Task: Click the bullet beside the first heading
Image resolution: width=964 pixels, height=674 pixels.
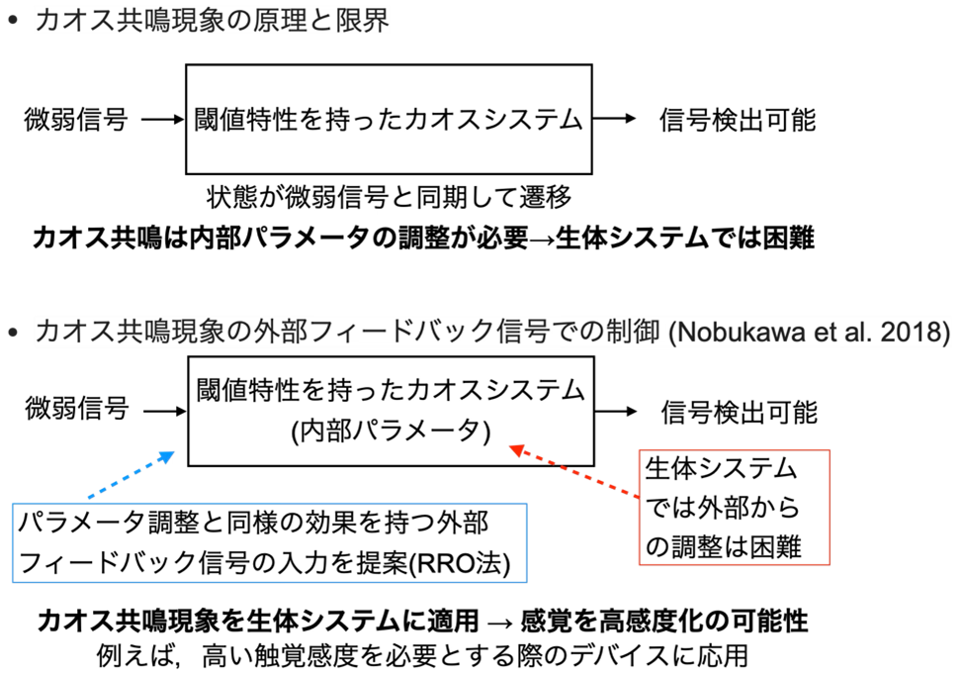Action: pos(13,19)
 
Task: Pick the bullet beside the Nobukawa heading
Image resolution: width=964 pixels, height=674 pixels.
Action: pos(13,333)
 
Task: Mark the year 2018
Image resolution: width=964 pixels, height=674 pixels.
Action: pos(910,333)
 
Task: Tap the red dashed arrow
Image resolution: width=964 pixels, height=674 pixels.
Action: pos(573,472)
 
